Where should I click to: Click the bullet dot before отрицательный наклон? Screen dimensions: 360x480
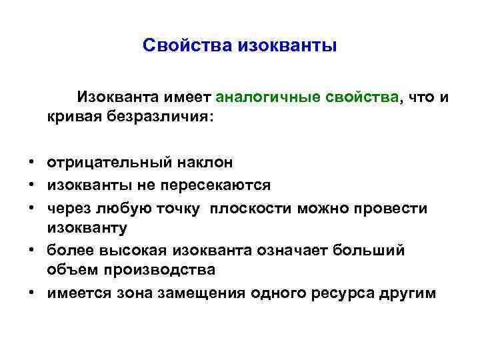[x=31, y=162]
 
